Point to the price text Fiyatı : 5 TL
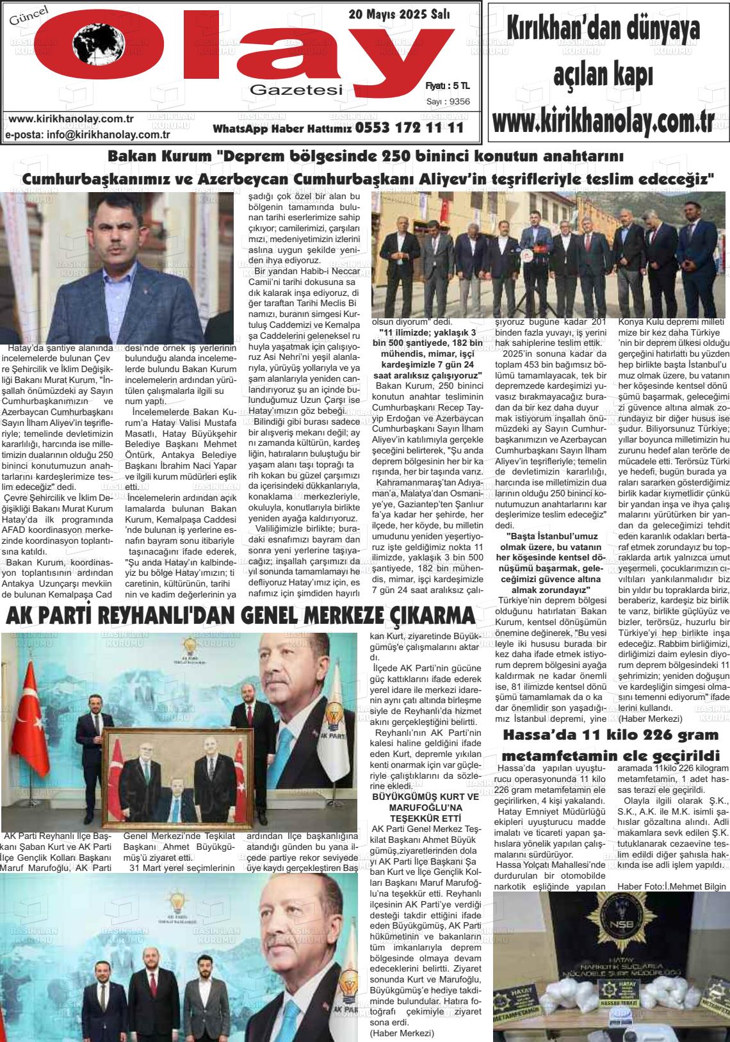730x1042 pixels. pos(448,85)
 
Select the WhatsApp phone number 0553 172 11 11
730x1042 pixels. pos(409,128)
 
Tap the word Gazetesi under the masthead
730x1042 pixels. pos(297,90)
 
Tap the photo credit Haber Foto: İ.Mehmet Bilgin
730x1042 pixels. pos(672,886)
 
